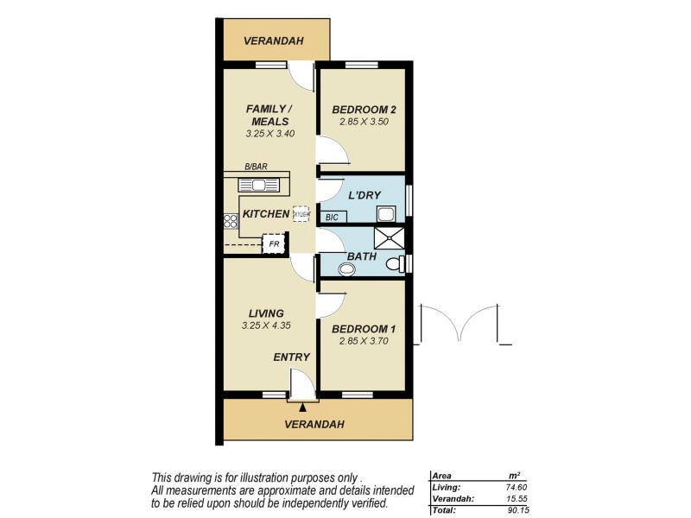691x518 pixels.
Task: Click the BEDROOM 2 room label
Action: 364,110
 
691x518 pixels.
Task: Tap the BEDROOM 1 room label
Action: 365,328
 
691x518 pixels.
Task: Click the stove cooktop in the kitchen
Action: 231,221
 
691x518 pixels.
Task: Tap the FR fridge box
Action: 274,244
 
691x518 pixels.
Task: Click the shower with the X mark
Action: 388,237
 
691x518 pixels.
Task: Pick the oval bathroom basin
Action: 347,269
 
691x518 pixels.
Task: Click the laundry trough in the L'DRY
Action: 386,212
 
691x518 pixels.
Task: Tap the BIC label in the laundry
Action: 331,218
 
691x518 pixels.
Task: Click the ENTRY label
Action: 291,357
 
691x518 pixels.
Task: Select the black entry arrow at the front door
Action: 303,407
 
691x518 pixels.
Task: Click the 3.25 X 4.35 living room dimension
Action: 267,325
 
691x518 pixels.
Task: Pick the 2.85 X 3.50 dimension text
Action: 364,123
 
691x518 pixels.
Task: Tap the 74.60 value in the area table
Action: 514,487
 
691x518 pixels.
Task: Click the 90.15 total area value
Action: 514,509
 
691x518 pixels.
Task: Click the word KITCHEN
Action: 265,213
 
